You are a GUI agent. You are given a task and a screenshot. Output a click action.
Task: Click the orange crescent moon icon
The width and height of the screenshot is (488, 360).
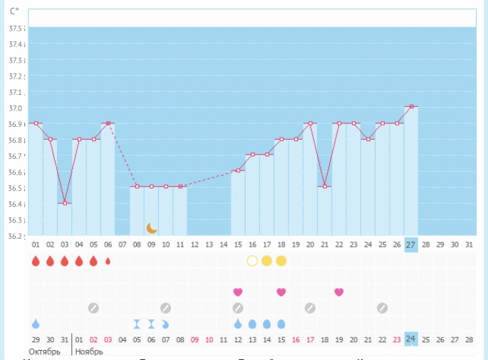pos(152,227)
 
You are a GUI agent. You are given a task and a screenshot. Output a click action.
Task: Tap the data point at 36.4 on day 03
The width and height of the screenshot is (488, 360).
pos(65,203)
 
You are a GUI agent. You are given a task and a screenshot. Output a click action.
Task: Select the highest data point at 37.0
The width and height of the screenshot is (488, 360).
pos(411,106)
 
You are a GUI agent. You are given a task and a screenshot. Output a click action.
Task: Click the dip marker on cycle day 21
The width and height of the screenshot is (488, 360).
pos(325,187)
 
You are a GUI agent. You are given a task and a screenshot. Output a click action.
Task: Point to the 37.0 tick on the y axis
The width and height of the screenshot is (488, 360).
pos(16,108)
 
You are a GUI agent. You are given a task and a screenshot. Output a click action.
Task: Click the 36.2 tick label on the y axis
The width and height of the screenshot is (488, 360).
pos(16,237)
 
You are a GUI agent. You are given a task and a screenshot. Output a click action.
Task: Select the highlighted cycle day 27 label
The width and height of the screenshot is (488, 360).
pos(411,245)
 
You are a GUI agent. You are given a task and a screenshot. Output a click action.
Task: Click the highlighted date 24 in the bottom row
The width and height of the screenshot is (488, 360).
pos(411,339)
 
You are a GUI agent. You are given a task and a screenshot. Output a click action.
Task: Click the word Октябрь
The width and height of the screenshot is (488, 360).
pos(44,352)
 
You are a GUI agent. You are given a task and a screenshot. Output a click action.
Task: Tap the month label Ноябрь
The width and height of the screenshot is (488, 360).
pos(89,352)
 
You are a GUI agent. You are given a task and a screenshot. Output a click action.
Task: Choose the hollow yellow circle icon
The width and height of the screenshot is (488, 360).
pos(252,261)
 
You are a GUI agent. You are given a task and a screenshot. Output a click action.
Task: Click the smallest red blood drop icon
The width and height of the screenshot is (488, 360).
pos(108,261)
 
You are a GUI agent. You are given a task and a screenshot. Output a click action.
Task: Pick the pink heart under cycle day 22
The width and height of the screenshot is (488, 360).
pos(339,292)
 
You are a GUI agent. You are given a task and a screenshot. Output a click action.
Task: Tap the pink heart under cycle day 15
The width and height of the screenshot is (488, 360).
pos(238,292)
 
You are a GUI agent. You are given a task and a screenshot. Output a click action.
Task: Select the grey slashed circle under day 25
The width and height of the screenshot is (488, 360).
pos(383,308)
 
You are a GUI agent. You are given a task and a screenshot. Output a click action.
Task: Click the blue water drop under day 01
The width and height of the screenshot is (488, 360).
pos(36,324)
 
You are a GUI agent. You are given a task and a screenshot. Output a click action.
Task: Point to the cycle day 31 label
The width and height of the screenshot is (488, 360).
pos(468,245)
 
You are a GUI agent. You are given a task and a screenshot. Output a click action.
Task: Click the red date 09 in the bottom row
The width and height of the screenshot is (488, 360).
pos(194,339)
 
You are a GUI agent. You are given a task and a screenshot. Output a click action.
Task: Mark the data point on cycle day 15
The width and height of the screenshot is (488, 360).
pos(238,170)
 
